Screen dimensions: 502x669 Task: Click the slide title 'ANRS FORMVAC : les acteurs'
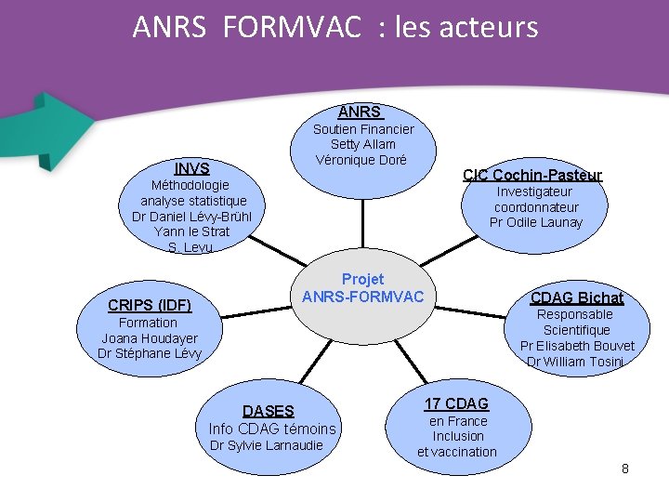[334, 27]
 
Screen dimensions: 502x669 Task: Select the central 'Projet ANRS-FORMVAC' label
[362, 288]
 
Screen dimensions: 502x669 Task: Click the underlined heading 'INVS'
[192, 168]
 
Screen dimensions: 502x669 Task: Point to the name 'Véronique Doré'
[361, 159]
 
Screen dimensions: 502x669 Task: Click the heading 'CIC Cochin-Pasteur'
[532, 175]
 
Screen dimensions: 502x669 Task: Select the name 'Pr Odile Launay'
[536, 222]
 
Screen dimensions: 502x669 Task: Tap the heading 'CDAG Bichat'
[576, 297]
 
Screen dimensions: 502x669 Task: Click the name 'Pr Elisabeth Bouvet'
[577, 346]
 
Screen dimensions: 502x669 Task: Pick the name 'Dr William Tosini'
[574, 362]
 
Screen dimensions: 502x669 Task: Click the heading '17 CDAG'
[456, 403]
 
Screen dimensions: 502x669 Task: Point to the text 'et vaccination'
[457, 452]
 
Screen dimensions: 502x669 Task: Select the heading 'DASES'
[268, 411]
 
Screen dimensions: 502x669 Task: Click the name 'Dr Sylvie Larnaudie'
[267, 445]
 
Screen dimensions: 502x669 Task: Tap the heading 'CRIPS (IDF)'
[150, 305]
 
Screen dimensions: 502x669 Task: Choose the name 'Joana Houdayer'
[150, 338]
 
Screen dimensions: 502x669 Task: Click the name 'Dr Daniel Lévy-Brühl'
[192, 217]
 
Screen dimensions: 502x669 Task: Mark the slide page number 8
[625, 469]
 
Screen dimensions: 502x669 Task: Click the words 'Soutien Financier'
[363, 129]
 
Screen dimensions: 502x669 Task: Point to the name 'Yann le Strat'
[192, 231]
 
